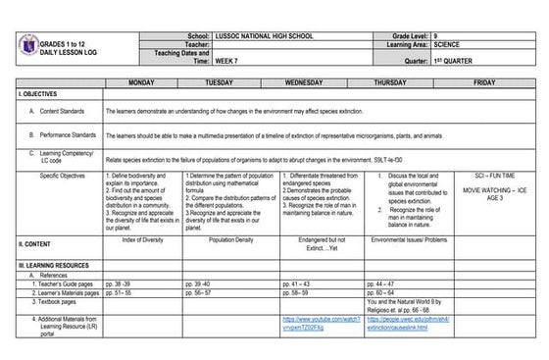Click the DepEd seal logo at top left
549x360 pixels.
(27, 46)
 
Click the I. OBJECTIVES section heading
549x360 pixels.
(39, 93)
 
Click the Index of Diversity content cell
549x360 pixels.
(141, 238)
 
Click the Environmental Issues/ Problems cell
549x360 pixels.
(402, 238)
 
